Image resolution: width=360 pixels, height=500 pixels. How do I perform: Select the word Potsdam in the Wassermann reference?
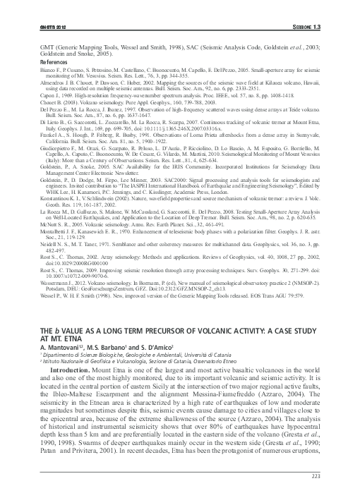tap(59, 269)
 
